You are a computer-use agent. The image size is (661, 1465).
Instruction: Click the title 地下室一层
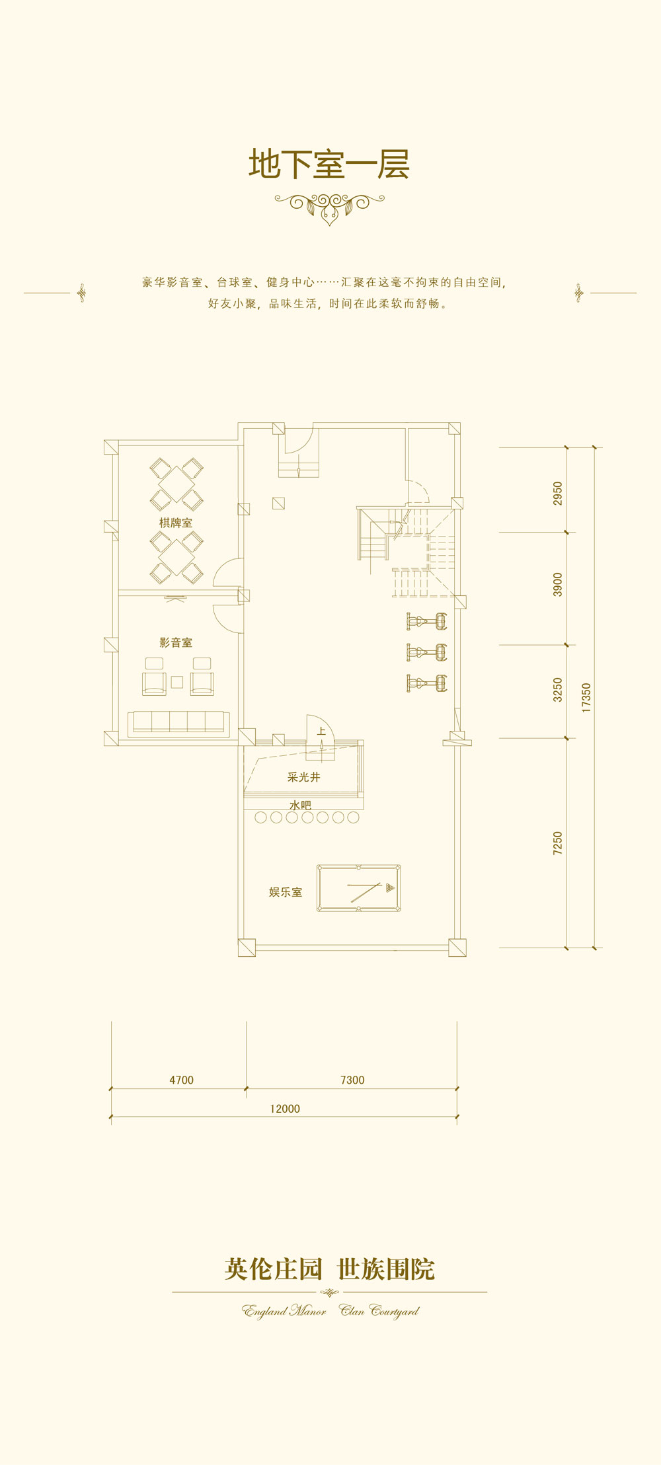tap(329, 164)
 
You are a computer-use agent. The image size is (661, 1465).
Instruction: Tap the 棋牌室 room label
tap(176, 523)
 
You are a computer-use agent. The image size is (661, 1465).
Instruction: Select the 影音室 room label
tap(176, 642)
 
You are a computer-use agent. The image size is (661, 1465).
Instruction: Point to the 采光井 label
tap(304, 777)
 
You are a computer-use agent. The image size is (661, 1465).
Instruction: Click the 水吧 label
tap(300, 805)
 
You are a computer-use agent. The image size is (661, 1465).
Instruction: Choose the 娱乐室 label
tap(286, 892)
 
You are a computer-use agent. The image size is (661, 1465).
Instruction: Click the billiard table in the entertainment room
tap(358, 889)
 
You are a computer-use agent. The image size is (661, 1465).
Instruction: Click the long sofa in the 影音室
tap(178, 724)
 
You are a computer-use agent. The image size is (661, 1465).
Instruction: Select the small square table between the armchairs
tap(177, 682)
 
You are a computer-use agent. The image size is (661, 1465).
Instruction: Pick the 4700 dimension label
tap(182, 1080)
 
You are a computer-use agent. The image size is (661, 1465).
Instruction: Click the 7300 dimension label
tap(352, 1080)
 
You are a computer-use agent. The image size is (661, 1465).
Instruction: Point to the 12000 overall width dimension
tap(285, 1109)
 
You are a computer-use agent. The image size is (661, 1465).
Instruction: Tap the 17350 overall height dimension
tap(586, 698)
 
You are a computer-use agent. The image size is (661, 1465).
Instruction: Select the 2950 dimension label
tap(558, 494)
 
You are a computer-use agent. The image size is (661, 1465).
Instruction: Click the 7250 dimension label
tap(558, 843)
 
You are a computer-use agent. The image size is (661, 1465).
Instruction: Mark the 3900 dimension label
tap(558, 585)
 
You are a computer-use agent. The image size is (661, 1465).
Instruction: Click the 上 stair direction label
tap(321, 731)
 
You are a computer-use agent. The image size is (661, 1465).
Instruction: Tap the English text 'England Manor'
tap(284, 1310)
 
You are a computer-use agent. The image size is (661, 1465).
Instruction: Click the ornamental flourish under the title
tap(329, 206)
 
